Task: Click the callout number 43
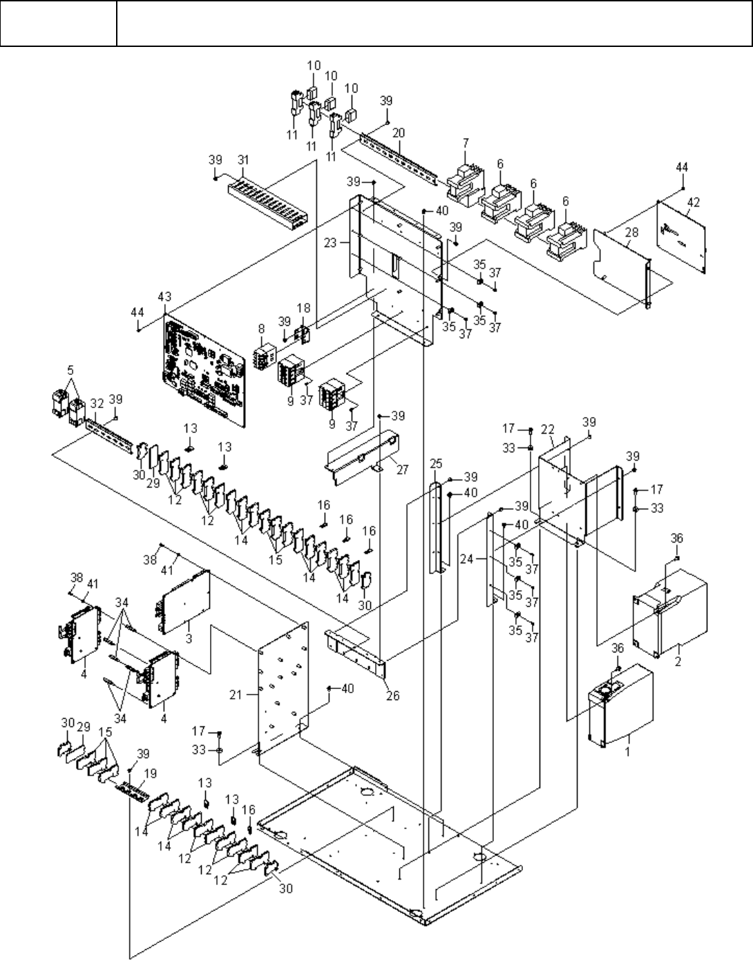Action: pos(165,297)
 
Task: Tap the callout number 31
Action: pos(242,160)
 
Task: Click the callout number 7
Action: pos(466,142)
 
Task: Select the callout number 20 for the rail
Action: pos(399,133)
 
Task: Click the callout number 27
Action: pos(403,469)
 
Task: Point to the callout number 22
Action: pos(547,429)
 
